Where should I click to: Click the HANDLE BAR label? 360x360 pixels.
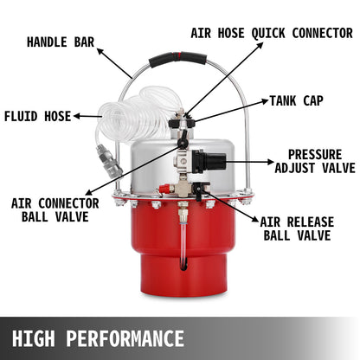(60, 42)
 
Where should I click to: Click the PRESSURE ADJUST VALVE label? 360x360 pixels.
(315, 161)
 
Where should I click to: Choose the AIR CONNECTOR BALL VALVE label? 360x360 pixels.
(49, 209)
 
